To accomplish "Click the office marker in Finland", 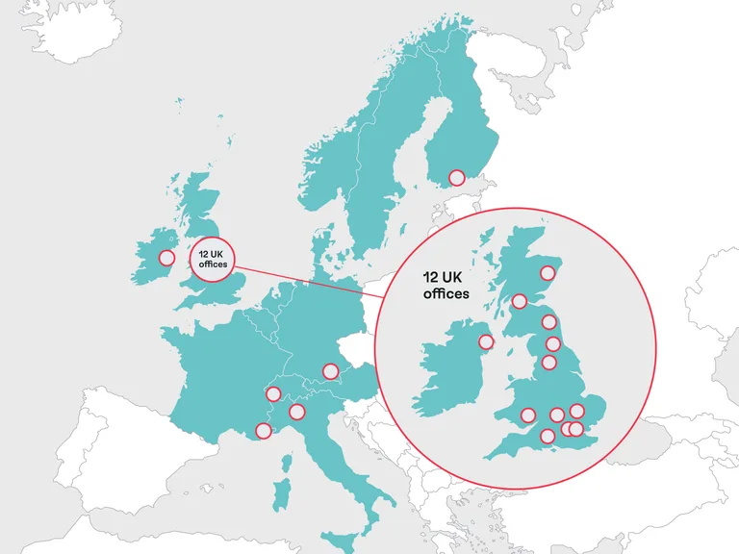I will pyautogui.click(x=456, y=178).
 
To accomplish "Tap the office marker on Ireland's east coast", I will pyautogui.click(x=166, y=258).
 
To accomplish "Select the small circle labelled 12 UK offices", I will pyautogui.click(x=212, y=258).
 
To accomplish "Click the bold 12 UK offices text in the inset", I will pyautogui.click(x=446, y=285).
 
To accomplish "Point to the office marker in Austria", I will pyautogui.click(x=330, y=370).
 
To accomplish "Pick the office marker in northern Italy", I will pyautogui.click(x=296, y=412).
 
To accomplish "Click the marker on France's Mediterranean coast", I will pyautogui.click(x=263, y=431).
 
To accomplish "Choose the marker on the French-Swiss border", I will pyautogui.click(x=273, y=393).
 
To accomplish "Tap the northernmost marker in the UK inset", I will pyautogui.click(x=548, y=272).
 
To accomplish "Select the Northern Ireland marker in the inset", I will pyautogui.click(x=486, y=340).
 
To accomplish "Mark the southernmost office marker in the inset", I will pyautogui.click(x=548, y=436).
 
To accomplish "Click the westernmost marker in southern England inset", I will pyautogui.click(x=527, y=415).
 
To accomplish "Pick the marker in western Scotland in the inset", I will pyautogui.click(x=520, y=301).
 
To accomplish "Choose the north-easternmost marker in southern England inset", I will pyautogui.click(x=577, y=412).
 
